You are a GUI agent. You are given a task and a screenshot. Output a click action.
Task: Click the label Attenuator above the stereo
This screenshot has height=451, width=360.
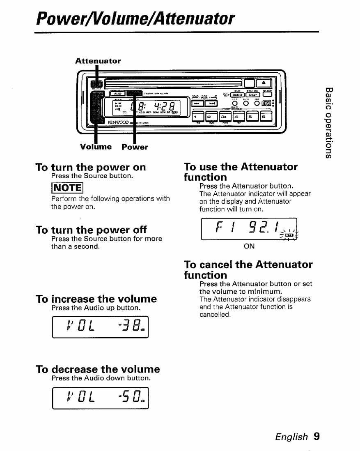click(98, 61)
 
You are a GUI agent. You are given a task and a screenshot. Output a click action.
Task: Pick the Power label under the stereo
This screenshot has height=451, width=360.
click(135, 147)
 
